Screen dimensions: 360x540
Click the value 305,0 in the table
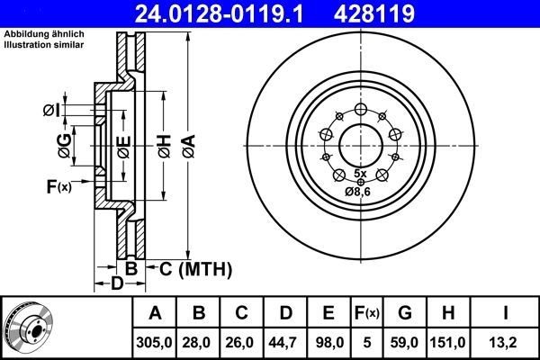[156, 342]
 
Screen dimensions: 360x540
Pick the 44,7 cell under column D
[285, 342]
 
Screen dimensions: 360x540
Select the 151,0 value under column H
[448, 342]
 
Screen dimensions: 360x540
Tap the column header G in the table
[405, 313]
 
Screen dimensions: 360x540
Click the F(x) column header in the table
[366, 313]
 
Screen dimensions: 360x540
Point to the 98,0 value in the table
[328, 342]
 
